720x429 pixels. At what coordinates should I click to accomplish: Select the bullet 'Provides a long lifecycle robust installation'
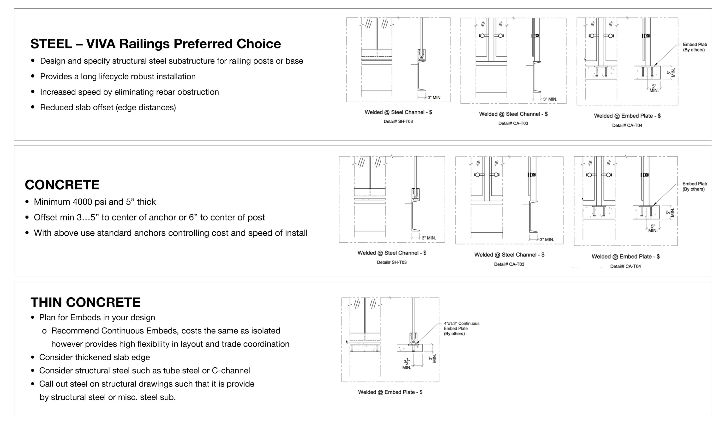pos(118,77)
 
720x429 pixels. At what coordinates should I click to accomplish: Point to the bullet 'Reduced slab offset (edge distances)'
pos(108,107)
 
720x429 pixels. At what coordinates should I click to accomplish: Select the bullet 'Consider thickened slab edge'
pos(94,357)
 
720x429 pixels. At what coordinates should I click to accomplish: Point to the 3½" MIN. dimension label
pos(407,364)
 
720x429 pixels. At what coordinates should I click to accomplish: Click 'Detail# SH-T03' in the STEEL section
pos(398,122)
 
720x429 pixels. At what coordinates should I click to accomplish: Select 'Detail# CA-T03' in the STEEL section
pos(513,123)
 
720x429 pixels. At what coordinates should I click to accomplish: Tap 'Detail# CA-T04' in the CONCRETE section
pos(625,267)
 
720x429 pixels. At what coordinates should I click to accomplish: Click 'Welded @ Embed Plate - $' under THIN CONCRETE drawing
pos(390,392)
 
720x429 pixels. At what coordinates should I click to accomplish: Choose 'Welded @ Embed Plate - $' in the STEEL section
pos(627,116)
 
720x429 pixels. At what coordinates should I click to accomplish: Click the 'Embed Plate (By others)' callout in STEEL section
pos(694,47)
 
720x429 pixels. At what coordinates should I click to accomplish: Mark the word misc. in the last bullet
pos(126,397)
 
